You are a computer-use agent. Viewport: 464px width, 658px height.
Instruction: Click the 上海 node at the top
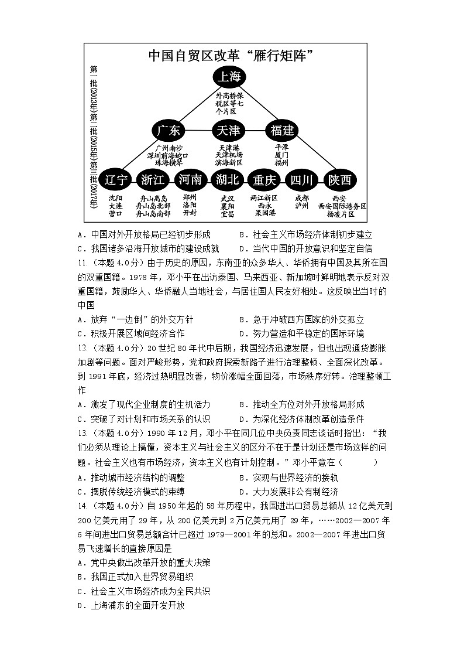[229, 77]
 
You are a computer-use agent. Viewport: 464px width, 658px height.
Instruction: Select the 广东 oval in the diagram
[169, 131]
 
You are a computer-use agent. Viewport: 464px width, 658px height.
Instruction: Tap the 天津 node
[228, 131]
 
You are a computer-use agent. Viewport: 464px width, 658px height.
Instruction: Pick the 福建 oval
[282, 131]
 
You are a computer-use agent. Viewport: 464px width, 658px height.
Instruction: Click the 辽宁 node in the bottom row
[115, 179]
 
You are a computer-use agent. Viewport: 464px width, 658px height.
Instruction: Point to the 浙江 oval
[153, 179]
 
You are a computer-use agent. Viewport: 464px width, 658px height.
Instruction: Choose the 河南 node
[190, 179]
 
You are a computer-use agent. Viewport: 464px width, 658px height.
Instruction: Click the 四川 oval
[302, 179]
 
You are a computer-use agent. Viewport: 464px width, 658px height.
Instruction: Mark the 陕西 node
[340, 179]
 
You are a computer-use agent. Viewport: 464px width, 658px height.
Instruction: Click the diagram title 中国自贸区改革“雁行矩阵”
[228, 56]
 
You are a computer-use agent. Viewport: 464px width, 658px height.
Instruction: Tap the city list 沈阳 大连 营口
[115, 206]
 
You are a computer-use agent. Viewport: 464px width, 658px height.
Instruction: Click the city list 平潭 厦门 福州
[282, 155]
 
